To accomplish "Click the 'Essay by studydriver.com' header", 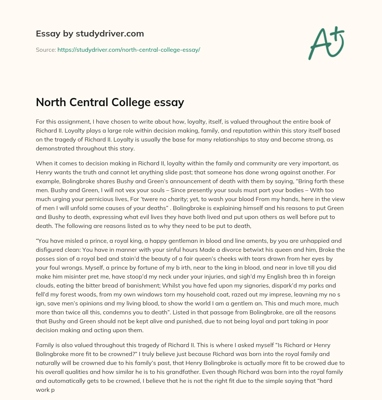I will click(90, 34).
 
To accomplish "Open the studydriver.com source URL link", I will click(129, 50).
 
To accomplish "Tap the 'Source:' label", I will click(46, 50).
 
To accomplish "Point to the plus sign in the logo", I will click(338, 35).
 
